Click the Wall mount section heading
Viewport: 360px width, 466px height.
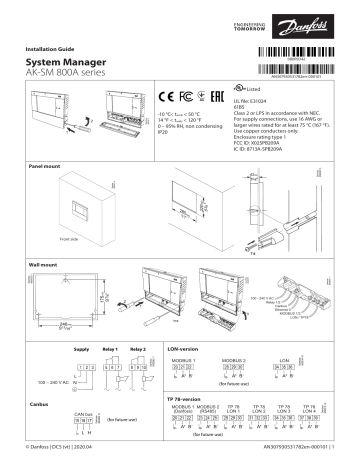pyautogui.click(x=41, y=264)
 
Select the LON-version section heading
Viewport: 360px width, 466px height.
pyautogui.click(x=183, y=346)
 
